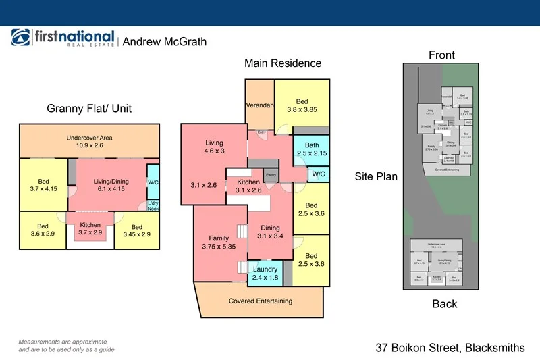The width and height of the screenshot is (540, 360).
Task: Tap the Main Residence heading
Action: [282, 63]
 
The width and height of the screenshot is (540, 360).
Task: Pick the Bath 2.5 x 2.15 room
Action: [311, 149]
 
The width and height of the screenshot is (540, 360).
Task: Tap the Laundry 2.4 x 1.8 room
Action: [265, 272]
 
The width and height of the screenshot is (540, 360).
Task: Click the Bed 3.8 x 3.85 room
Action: [302, 106]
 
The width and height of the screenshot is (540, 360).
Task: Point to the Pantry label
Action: [271, 174]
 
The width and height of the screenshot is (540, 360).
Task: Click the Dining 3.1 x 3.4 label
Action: [270, 232]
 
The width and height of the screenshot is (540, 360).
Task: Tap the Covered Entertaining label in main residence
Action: [260, 301]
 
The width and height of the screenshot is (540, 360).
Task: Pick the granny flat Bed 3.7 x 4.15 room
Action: [43, 184]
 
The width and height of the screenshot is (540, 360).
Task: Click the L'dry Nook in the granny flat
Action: [153, 205]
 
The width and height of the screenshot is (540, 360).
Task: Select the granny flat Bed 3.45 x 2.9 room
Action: [137, 230]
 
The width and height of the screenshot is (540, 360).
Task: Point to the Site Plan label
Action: [376, 177]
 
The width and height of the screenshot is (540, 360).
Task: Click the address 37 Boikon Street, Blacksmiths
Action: [450, 348]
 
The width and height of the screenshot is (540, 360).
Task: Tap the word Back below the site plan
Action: [444, 304]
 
